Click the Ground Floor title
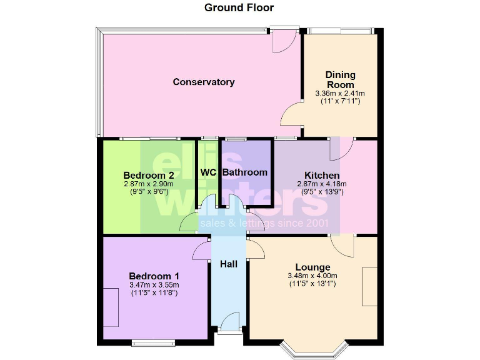pyautogui.click(x=239, y=7)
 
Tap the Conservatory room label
pyautogui.click(x=204, y=82)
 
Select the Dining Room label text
pyautogui.click(x=340, y=80)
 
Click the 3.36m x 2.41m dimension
pyautogui.click(x=340, y=94)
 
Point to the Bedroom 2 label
pyautogui.click(x=148, y=174)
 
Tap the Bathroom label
pyautogui.click(x=245, y=172)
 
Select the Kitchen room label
pyautogui.click(x=322, y=175)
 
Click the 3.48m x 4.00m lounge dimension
pyautogui.click(x=312, y=276)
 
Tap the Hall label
pyautogui.click(x=229, y=264)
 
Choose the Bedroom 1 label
pyautogui.click(x=154, y=276)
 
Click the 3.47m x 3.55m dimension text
pyautogui.click(x=154, y=286)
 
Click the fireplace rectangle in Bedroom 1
pyautogui.click(x=111, y=307)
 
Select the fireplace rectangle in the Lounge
pyautogui.click(x=369, y=287)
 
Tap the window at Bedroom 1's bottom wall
pyautogui.click(x=154, y=342)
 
